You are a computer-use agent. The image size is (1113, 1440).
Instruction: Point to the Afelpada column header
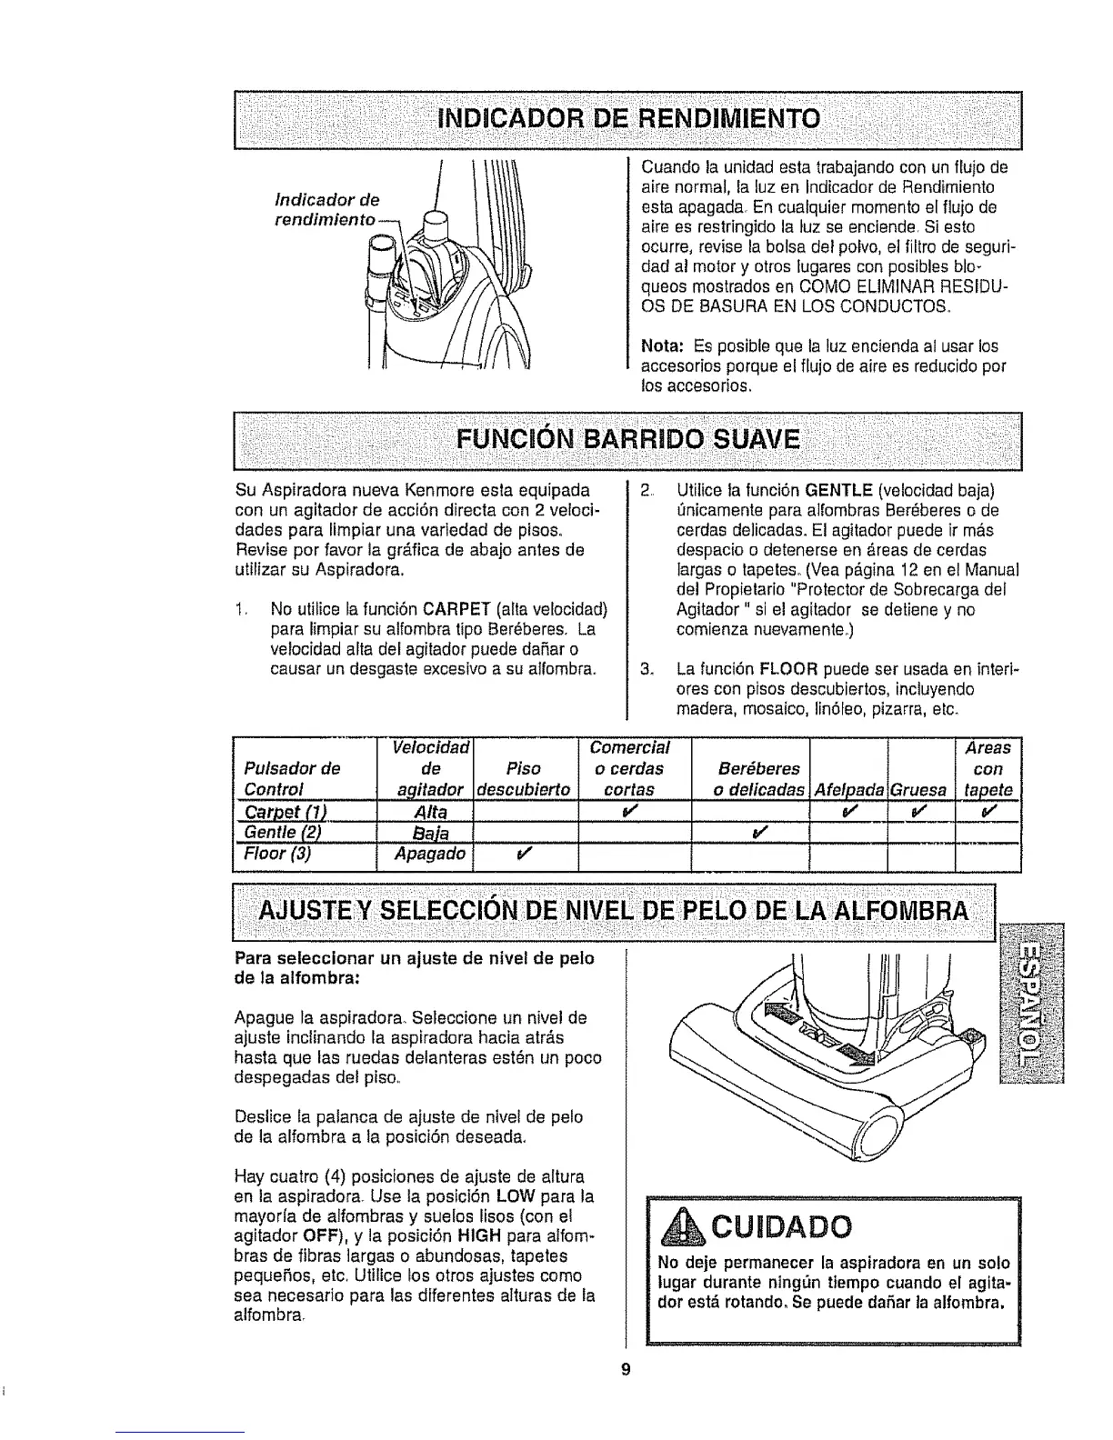847,790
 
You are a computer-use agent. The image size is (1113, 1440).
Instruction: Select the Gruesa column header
919,790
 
